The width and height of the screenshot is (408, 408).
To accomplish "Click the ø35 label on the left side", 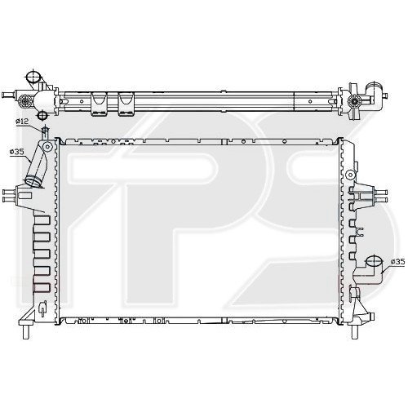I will (x=16, y=151).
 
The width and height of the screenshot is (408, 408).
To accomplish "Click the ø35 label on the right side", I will (x=397, y=261).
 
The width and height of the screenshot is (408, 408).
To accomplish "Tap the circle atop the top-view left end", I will (x=34, y=78).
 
